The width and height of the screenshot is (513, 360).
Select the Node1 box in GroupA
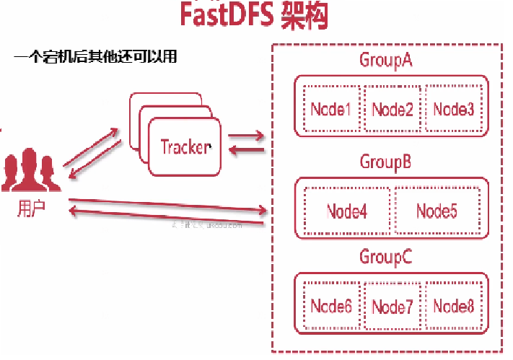[x=331, y=109]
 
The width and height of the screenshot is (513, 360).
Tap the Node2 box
[x=393, y=109]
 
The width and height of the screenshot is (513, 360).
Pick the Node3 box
[x=454, y=109]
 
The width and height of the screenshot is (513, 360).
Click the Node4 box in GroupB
[x=347, y=211]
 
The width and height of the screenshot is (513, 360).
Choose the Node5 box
[x=436, y=211]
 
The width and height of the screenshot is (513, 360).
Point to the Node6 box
[x=331, y=306]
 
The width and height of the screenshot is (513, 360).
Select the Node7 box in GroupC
[x=393, y=307]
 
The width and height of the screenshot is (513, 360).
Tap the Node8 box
[x=454, y=306]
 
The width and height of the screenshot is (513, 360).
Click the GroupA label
[x=386, y=60]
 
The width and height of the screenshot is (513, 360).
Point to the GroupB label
[x=385, y=162]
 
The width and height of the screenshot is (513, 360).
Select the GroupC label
[x=385, y=257]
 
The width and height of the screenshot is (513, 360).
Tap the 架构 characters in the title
[x=304, y=15]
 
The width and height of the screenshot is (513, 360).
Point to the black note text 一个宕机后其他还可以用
[x=95, y=56]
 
